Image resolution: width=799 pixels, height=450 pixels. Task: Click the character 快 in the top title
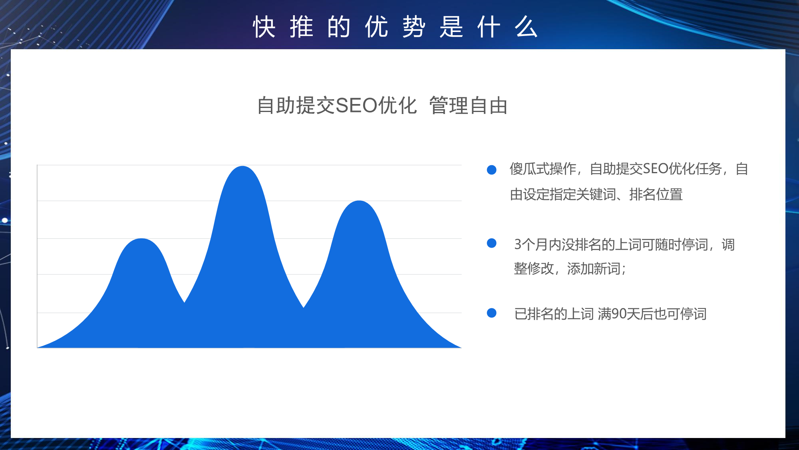264,27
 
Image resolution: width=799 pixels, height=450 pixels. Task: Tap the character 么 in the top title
526,27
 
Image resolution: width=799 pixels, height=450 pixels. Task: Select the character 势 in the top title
414,27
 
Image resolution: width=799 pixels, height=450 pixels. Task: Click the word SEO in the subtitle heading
356,106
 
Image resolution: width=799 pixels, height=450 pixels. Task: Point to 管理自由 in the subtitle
468,106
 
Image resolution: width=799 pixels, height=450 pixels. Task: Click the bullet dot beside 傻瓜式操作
491,170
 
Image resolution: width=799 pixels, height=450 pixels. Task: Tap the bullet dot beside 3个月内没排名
491,243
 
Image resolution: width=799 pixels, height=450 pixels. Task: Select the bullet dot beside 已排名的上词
491,313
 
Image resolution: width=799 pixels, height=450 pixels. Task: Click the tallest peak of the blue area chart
242,166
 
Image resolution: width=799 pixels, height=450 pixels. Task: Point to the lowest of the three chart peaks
141,239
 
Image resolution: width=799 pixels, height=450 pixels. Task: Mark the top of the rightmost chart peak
359,201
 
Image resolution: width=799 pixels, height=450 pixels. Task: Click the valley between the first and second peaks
184,302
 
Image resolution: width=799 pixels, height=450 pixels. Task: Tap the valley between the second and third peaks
304,307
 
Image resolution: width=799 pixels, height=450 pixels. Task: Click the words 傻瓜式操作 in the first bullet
543,169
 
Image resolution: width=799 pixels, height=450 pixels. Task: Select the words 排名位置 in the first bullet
656,194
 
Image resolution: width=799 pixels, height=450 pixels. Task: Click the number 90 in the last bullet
619,314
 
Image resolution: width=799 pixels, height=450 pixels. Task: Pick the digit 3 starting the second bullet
518,244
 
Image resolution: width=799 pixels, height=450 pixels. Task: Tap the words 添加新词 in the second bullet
594,268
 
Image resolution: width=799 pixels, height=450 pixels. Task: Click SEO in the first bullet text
656,169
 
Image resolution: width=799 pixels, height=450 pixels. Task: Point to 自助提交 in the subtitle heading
296,106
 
